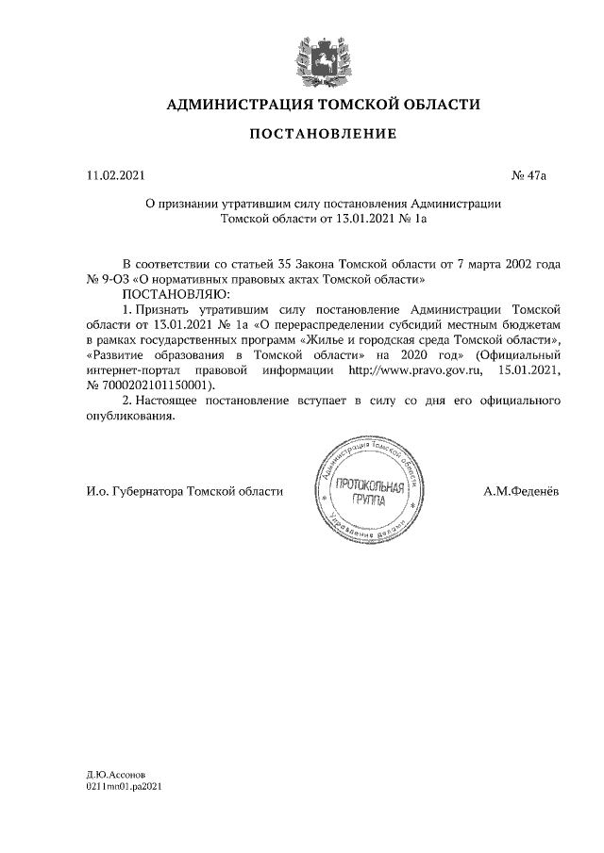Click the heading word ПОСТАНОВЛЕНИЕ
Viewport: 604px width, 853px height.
[x=323, y=135]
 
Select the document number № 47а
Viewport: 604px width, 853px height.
[x=528, y=175]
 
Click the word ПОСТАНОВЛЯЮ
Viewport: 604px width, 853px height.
[x=164, y=294]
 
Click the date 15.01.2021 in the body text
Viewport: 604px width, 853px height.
[x=531, y=370]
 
